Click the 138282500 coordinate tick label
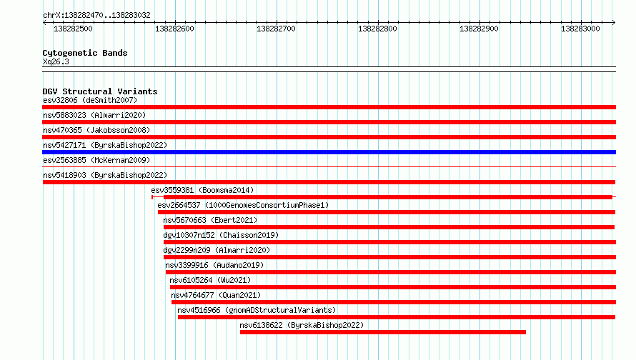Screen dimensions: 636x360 [x=73, y=29]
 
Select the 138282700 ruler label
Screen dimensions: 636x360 [x=276, y=29]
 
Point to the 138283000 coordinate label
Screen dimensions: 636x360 [x=580, y=29]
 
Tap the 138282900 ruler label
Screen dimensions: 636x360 [x=479, y=29]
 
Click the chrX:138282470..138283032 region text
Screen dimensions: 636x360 [x=96, y=15]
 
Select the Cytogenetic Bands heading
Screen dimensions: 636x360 [x=85, y=53]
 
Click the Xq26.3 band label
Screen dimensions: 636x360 [x=56, y=61]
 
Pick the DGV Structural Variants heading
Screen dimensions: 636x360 [x=100, y=91]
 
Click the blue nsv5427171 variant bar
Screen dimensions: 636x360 [x=329, y=152]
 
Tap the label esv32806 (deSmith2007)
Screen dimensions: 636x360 [x=90, y=100]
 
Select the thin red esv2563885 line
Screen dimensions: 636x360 [x=329, y=166]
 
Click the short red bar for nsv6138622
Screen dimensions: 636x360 [x=383, y=332]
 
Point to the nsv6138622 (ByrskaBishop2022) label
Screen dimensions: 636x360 [x=302, y=325]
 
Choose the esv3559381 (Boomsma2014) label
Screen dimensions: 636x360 [x=202, y=190]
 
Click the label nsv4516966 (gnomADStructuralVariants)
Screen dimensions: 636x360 [x=257, y=310]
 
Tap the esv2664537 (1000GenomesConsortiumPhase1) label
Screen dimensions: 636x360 [x=243, y=205]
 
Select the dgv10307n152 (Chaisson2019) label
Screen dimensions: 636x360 [x=221, y=235]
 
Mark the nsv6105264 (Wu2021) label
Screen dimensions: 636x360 [x=210, y=280]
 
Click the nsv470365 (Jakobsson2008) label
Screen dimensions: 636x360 [x=96, y=130]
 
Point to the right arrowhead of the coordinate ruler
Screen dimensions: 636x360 [x=614, y=22]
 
